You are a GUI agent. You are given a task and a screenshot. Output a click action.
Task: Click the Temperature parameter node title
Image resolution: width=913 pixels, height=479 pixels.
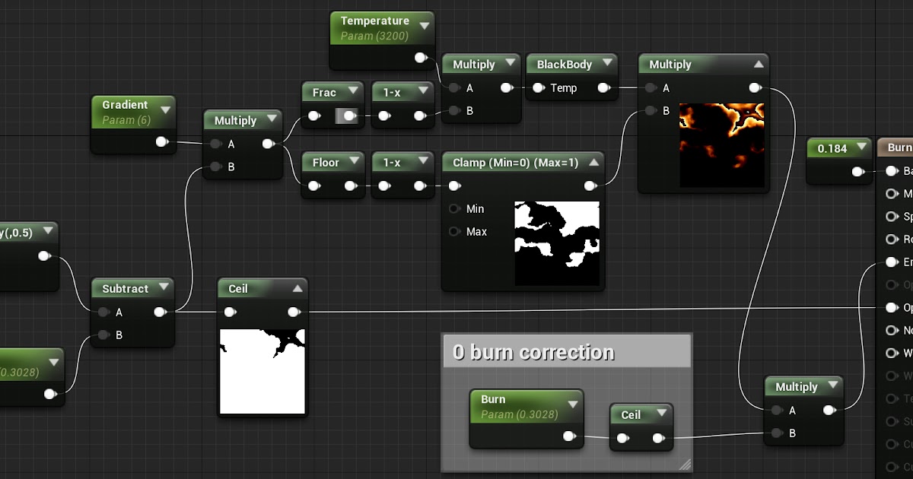pos(374,21)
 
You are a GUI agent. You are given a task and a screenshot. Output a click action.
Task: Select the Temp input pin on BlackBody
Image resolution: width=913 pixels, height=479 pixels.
pos(538,88)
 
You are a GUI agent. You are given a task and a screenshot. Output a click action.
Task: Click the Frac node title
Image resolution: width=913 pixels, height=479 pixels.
pos(324,93)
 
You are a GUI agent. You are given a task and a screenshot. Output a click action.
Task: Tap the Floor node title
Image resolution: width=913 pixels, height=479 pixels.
pos(326,163)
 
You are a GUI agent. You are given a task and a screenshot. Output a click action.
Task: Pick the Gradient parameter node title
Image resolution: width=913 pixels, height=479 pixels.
pos(125,105)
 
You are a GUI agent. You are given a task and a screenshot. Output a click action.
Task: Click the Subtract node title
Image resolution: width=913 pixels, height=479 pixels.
pos(126,289)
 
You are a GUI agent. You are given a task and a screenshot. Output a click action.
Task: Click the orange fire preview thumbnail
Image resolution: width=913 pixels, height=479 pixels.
pos(721,145)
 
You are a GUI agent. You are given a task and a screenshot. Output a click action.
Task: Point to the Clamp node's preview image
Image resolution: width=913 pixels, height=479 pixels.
pos(557,243)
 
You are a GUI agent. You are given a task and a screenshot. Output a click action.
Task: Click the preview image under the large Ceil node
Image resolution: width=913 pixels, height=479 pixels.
pos(262,372)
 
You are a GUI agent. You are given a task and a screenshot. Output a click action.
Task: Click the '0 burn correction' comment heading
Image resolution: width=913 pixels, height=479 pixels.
pos(533,352)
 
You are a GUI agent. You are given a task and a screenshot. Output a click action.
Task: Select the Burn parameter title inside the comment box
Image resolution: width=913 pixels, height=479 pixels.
pos(493,399)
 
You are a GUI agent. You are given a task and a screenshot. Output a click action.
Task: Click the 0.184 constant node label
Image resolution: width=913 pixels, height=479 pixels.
pos(832,149)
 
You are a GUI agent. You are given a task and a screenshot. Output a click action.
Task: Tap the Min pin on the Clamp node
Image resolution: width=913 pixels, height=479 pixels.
pos(455,209)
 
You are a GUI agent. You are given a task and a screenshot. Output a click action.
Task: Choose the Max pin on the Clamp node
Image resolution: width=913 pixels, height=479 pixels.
pos(455,232)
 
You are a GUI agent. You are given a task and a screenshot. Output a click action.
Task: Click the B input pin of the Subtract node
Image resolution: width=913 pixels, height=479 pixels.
pos(103,335)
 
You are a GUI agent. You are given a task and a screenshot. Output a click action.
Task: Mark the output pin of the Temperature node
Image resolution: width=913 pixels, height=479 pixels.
pos(420,58)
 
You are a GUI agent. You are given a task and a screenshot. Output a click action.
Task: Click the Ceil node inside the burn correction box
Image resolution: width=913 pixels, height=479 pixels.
pos(631,415)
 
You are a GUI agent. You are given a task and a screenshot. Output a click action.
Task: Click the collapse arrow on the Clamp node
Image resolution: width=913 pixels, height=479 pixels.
pos(594,163)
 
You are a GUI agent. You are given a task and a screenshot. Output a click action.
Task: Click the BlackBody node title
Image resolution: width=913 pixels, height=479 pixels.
pos(565,65)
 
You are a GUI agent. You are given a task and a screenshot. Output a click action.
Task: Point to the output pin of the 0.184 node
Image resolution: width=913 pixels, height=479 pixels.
pos(858,172)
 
